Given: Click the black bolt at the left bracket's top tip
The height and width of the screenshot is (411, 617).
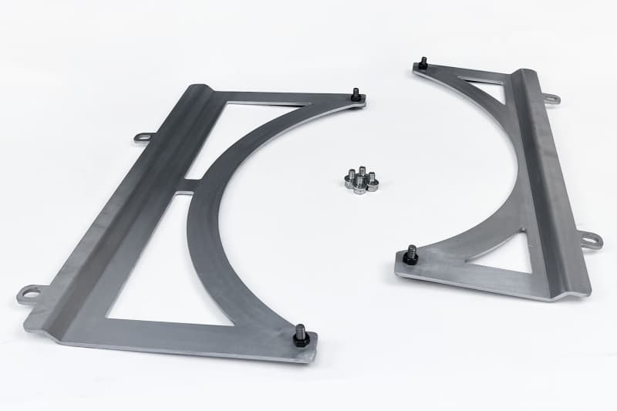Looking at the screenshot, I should (356, 96).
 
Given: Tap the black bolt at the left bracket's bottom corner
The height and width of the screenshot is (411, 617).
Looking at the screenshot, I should (301, 336).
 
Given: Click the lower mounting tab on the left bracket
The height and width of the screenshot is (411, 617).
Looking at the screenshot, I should (30, 293).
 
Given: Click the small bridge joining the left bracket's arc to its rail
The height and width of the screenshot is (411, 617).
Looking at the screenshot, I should (193, 185).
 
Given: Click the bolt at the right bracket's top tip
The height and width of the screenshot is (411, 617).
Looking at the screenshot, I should (423, 63).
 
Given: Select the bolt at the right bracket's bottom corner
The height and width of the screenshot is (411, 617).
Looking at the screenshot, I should (410, 255).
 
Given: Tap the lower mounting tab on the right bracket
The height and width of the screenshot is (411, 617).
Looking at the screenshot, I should (592, 240).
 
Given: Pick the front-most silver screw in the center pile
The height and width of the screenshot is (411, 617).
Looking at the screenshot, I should (360, 187).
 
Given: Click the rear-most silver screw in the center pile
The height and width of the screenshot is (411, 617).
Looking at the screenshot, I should (362, 171).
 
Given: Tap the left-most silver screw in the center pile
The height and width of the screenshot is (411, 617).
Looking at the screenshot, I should (349, 180).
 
